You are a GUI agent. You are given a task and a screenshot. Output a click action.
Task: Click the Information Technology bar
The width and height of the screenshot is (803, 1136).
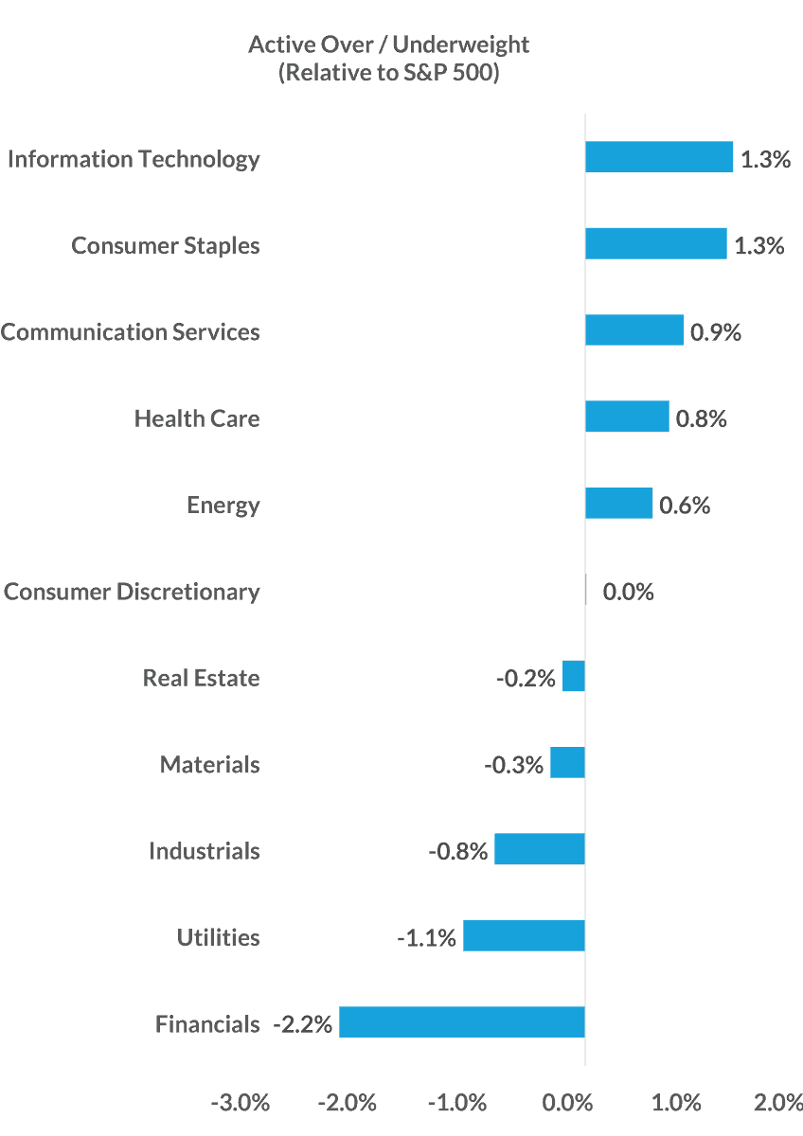click(x=659, y=157)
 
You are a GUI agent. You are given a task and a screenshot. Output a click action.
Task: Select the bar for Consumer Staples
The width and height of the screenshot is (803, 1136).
click(x=656, y=244)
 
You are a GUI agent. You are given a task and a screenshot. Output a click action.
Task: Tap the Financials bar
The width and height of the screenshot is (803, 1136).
click(x=462, y=1022)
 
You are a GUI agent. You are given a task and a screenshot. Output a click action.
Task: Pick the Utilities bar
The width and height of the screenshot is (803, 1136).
click(x=524, y=936)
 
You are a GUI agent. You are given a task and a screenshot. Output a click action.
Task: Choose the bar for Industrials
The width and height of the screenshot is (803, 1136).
click(x=540, y=849)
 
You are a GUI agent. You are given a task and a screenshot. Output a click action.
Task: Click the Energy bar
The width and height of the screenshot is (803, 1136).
click(x=619, y=504)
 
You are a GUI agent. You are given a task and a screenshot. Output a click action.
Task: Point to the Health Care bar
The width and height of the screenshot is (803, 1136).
click(x=628, y=417)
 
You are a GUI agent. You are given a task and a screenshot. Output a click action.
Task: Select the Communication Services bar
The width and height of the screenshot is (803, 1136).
click(x=634, y=330)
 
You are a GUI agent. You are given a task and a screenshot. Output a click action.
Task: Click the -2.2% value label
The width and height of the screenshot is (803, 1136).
click(x=303, y=1024)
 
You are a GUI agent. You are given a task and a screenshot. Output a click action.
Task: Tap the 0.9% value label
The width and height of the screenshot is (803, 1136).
click(x=716, y=332)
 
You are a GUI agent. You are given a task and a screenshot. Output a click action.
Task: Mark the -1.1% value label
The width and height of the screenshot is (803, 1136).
click(x=426, y=938)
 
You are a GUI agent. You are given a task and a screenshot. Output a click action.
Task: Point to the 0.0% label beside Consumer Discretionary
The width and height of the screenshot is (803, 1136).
click(x=628, y=592)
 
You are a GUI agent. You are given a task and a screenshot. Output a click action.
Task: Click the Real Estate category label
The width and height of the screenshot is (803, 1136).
click(x=201, y=678)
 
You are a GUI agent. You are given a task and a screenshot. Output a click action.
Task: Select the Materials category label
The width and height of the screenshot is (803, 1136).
click(x=209, y=764)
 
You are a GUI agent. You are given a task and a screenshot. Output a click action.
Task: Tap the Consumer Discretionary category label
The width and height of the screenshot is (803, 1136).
click(x=131, y=592)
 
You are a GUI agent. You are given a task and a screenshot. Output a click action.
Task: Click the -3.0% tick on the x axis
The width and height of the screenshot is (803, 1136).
click(x=241, y=1103)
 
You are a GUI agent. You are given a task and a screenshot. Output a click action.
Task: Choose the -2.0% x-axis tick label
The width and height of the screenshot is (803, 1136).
click(x=348, y=1103)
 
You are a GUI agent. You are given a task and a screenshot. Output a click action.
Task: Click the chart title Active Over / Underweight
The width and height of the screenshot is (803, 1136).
click(x=388, y=44)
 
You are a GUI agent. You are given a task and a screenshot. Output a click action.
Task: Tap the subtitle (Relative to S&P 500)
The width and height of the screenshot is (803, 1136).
click(x=388, y=73)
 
